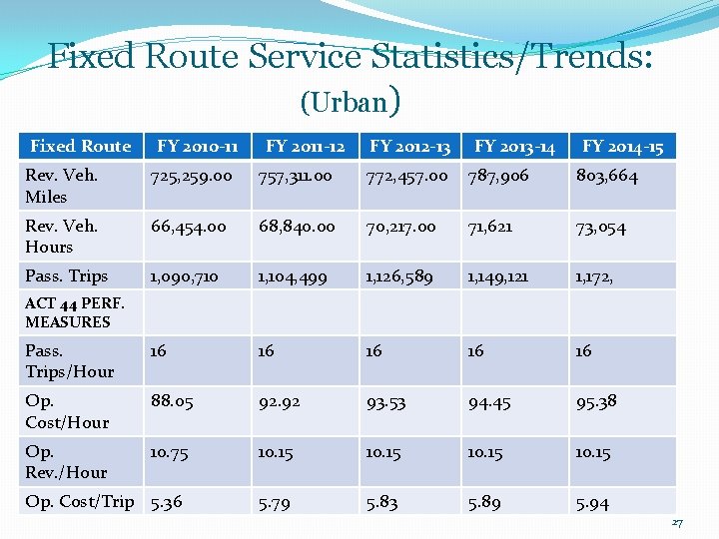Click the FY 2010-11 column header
197,146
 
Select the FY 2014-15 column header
623,146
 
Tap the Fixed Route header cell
81,146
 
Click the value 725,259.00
191,177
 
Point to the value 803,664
607,176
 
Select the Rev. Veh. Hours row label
62,236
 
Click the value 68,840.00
297,227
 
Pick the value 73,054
601,228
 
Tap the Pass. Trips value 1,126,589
398,276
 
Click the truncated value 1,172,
594,277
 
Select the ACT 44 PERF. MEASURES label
75,312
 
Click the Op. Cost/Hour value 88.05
172,401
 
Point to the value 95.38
596,402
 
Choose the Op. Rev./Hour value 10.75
169,453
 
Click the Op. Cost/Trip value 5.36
167,503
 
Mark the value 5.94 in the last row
592,504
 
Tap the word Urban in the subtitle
350,102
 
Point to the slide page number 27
677,522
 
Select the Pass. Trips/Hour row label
70,360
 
